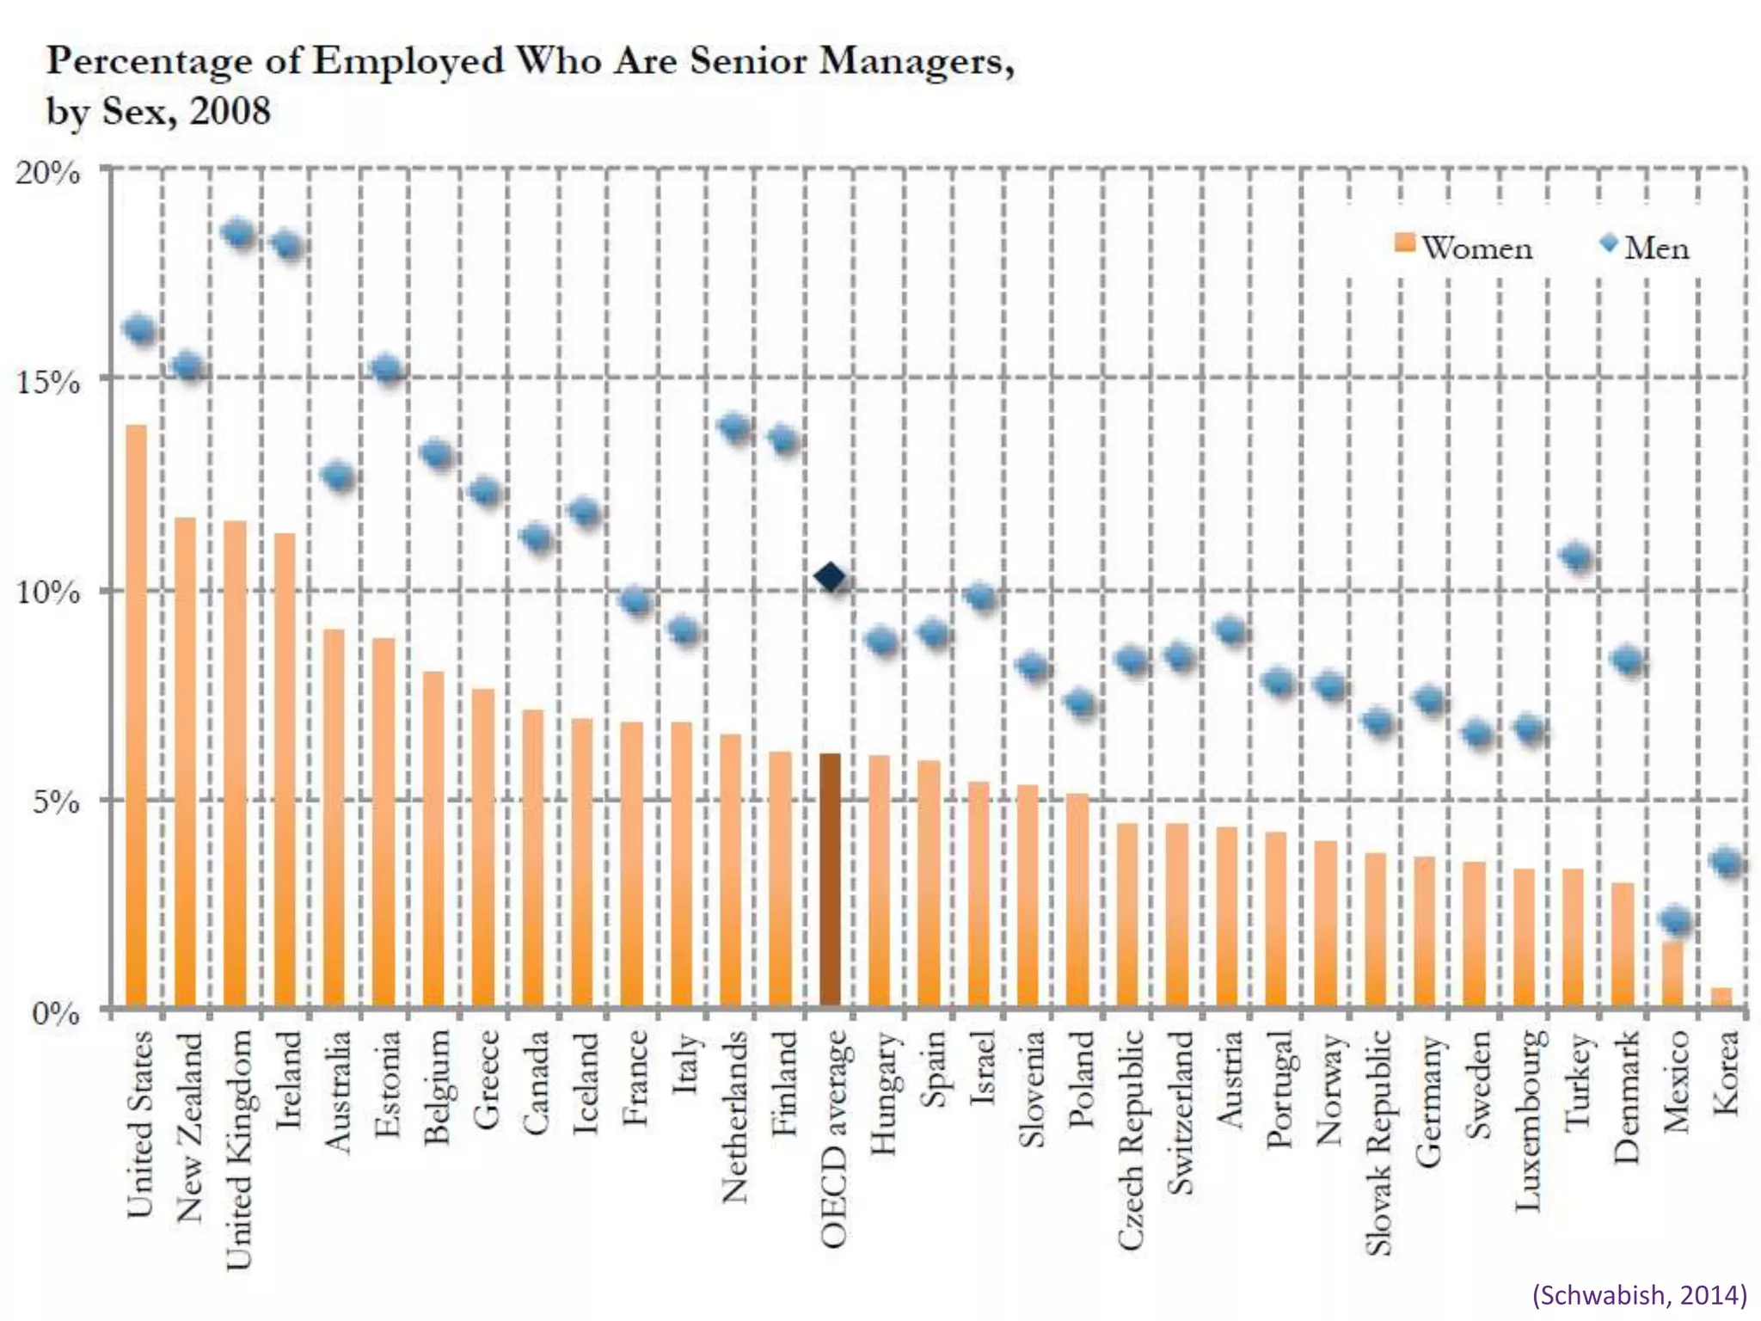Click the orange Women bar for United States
(137, 714)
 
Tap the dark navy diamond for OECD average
(830, 577)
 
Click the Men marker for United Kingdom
(237, 234)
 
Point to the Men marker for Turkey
(1576, 556)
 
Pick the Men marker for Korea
(1726, 861)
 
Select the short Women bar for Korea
(1721, 997)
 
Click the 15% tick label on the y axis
(48, 381)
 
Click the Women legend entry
(1463, 247)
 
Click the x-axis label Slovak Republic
(1378, 1142)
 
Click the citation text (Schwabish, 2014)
(1639, 1294)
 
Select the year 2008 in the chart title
(230, 111)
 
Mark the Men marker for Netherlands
(735, 427)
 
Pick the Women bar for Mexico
(1672, 974)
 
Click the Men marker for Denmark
(1627, 660)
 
